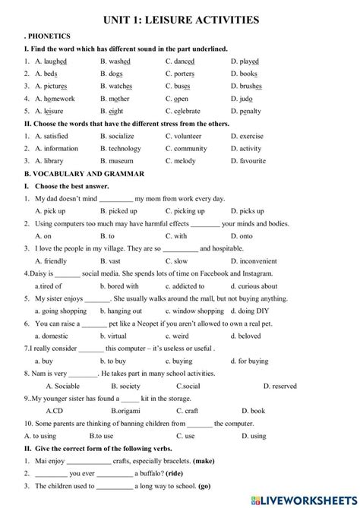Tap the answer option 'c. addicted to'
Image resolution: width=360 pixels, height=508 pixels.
[185, 286]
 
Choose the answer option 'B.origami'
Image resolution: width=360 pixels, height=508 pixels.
[127, 411]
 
